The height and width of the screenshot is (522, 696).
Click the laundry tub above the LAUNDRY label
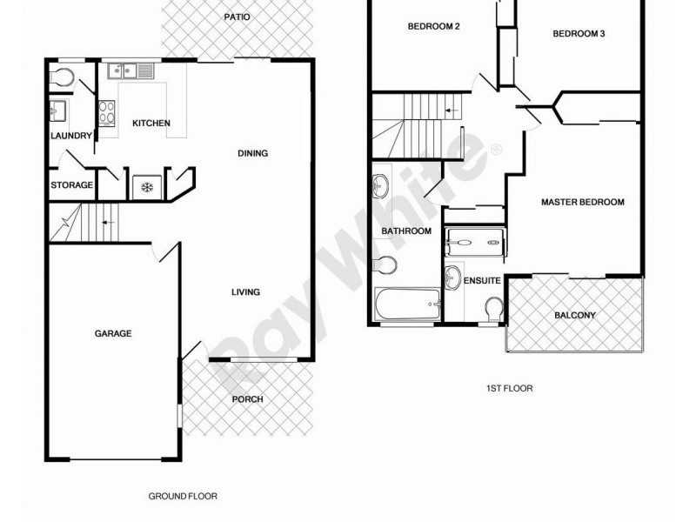click(x=58, y=110)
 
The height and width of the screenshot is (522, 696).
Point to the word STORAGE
click(x=71, y=184)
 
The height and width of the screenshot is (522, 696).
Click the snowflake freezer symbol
click(x=145, y=186)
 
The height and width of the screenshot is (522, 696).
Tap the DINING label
click(x=252, y=154)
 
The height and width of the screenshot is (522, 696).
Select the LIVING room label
click(x=245, y=292)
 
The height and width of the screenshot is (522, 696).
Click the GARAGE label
click(x=113, y=333)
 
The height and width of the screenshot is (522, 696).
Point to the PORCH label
click(x=247, y=400)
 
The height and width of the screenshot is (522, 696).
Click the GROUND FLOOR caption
click(x=182, y=496)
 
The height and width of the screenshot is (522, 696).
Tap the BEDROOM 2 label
click(x=433, y=27)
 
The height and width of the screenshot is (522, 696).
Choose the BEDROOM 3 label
click(x=579, y=35)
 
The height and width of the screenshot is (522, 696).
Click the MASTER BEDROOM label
click(x=583, y=203)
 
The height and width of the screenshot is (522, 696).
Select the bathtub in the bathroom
click(x=407, y=305)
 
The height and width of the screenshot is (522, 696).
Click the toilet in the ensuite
click(x=492, y=310)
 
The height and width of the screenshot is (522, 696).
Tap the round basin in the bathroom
click(x=381, y=185)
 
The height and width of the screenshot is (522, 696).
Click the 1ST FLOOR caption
click(x=510, y=389)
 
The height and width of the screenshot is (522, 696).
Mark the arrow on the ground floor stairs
click(x=107, y=223)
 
